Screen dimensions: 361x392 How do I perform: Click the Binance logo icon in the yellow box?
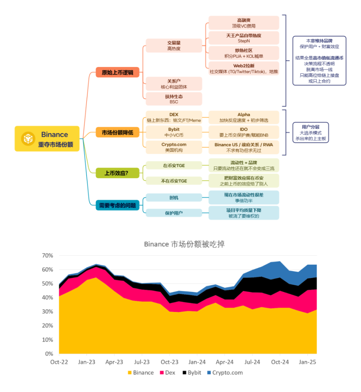28,139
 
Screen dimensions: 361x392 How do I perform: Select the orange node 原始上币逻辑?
117,72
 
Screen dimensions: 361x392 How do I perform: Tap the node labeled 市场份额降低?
117,132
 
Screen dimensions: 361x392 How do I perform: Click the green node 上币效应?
117,173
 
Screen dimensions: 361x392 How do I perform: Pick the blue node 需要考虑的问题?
117,205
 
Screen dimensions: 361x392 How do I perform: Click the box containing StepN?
244,38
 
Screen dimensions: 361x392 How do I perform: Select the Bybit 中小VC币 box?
174,132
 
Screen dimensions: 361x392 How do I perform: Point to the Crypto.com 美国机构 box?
174,147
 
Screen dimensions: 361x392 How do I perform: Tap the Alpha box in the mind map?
244,117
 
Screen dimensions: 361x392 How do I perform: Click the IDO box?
244,132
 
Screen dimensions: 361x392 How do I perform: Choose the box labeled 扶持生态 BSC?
174,99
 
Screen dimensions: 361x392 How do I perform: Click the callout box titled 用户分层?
310,133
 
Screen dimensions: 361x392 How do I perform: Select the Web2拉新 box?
244,69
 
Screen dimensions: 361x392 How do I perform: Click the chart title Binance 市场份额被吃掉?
184,244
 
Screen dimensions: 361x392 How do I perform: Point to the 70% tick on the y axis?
48,256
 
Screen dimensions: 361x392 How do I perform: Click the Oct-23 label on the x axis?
170,362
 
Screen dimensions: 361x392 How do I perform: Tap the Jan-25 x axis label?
308,362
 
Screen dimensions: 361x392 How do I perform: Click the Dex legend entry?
168,372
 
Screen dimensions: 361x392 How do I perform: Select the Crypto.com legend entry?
225,372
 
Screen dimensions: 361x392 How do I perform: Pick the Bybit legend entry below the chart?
192,372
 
